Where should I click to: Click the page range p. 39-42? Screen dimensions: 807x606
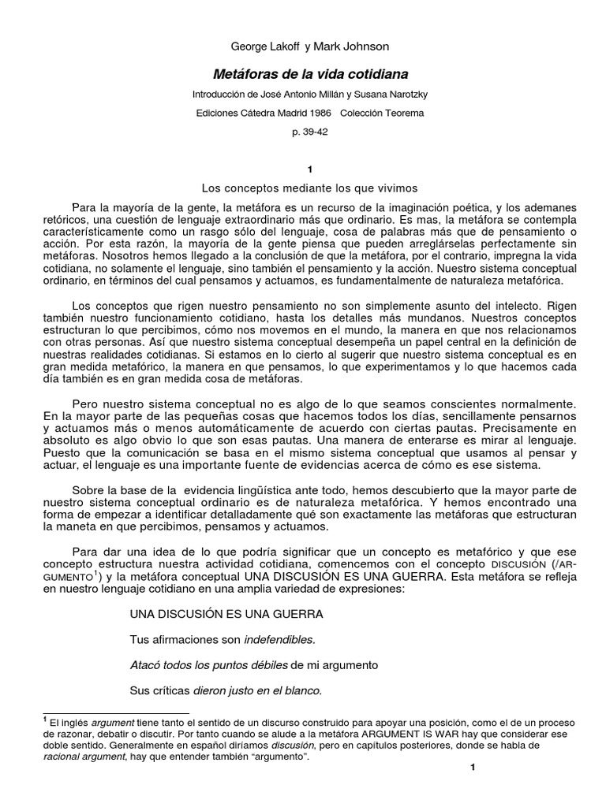click(309, 132)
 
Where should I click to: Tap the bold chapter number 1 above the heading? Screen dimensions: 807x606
click(309, 169)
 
